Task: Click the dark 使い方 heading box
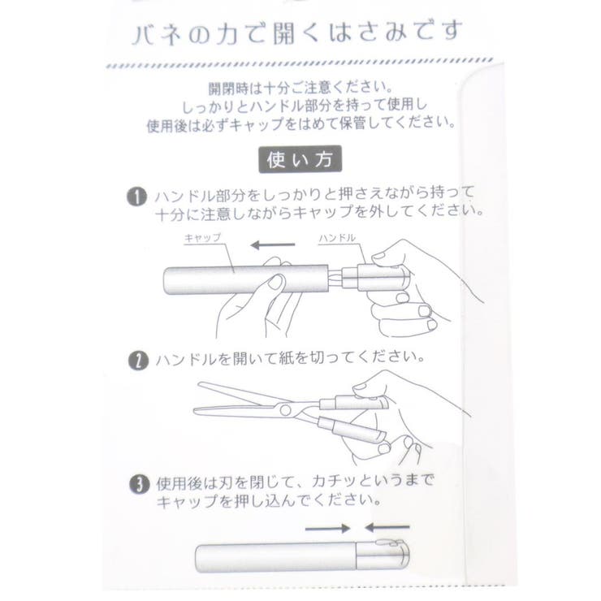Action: (x=300, y=159)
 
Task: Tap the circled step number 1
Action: (x=136, y=197)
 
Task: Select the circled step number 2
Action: (x=138, y=361)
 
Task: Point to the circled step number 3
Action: (x=139, y=484)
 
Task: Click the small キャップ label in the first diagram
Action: (x=203, y=238)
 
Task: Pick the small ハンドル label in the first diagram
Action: (x=337, y=238)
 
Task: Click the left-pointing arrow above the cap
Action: (x=273, y=245)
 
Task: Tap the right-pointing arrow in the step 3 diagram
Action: (x=328, y=529)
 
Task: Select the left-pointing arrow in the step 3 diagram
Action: (x=387, y=528)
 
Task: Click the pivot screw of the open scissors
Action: (x=285, y=410)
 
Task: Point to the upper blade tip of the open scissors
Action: (x=198, y=383)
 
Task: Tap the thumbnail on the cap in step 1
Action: (x=278, y=282)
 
